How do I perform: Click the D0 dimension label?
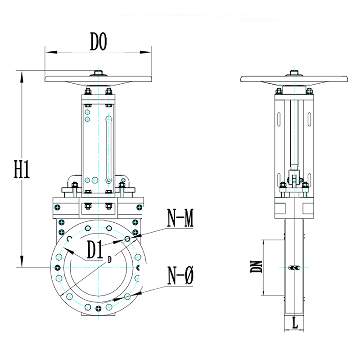(x=99, y=41)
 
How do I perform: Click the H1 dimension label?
(x=22, y=170)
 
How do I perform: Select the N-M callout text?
(x=180, y=218)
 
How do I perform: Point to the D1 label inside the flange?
(x=94, y=250)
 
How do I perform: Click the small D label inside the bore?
(x=110, y=260)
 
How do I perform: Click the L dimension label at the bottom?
(x=295, y=323)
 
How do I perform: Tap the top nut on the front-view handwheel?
(x=98, y=73)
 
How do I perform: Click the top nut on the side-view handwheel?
(x=294, y=73)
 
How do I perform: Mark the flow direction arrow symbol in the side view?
(x=294, y=268)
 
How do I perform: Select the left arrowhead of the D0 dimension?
(x=51, y=52)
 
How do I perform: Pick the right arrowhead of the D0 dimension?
(x=145, y=52)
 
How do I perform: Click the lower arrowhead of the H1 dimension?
(x=22, y=261)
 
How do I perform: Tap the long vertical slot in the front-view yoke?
(x=108, y=149)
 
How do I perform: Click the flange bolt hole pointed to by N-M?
(x=127, y=239)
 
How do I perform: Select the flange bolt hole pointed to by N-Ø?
(x=127, y=297)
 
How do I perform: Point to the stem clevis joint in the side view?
(x=294, y=177)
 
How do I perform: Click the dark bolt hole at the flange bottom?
(x=98, y=308)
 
